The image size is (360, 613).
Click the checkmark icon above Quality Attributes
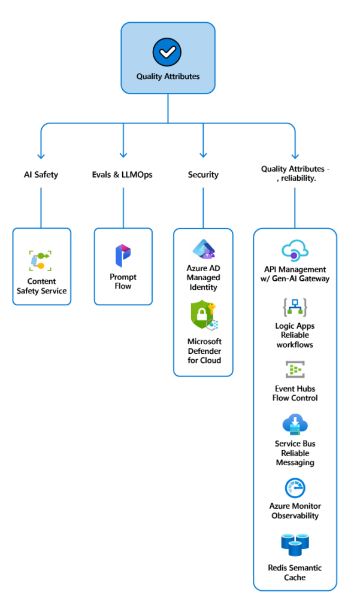[x=167, y=53]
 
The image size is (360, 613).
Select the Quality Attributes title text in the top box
[x=168, y=77]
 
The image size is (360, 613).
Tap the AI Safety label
[x=41, y=175]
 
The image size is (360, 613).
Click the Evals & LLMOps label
[x=123, y=175]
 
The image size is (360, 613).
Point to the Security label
[x=203, y=175]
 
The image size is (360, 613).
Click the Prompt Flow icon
[x=123, y=256]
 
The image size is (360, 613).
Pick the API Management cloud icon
[x=295, y=251]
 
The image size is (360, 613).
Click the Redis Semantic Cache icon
[x=295, y=545]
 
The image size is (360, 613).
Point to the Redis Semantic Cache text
[x=295, y=572]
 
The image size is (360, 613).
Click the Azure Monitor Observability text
[x=295, y=511]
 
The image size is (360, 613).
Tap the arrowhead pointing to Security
[x=203, y=154]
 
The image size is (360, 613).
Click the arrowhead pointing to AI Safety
[x=41, y=154]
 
